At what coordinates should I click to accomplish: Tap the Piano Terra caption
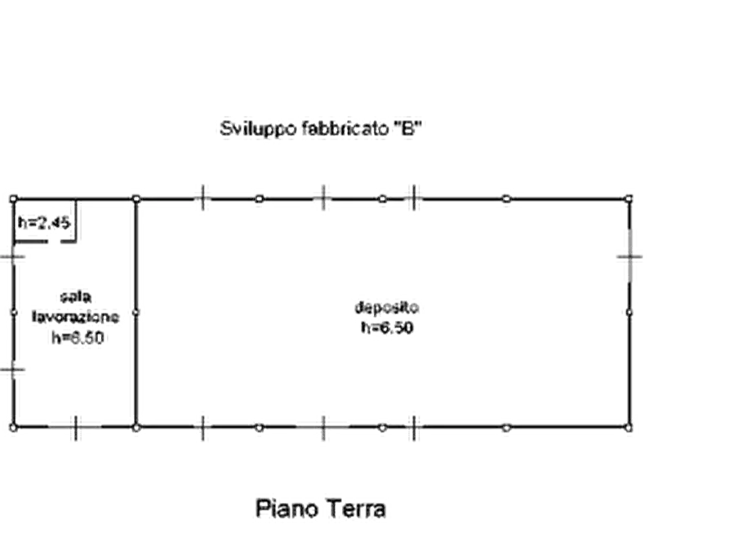click(321, 509)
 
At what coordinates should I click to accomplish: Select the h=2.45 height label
click(44, 222)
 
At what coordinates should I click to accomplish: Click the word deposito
click(386, 308)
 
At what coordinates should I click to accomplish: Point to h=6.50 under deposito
click(387, 327)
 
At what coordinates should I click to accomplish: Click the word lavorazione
click(75, 317)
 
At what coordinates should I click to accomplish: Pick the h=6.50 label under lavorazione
click(78, 337)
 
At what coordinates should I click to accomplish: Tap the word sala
click(76, 296)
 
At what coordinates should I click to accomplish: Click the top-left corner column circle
click(14, 199)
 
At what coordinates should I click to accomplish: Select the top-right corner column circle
click(629, 199)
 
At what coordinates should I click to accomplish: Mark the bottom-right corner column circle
click(629, 428)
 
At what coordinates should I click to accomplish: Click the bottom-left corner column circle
click(14, 428)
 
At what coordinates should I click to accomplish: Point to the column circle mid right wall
click(629, 313)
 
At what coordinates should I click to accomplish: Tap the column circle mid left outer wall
click(14, 313)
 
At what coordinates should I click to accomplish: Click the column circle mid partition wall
click(136, 313)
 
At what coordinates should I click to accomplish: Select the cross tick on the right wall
click(630, 256)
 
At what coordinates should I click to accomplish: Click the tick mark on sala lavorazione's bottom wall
click(76, 428)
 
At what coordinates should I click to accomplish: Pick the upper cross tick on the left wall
click(12, 256)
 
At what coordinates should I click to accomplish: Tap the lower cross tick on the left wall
click(12, 371)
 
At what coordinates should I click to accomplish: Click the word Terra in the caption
click(354, 509)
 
